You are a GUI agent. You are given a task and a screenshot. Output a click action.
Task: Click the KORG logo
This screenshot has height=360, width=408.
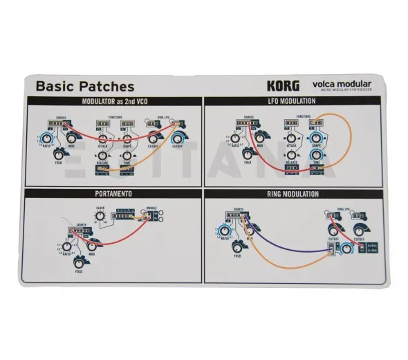[284, 87]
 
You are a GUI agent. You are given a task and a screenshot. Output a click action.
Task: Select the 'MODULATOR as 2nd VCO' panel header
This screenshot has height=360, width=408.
[113, 102]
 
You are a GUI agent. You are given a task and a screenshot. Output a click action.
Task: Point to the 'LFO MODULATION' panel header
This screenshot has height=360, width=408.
[292, 102]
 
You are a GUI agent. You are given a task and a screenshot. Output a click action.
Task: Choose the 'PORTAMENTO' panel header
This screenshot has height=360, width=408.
[113, 194]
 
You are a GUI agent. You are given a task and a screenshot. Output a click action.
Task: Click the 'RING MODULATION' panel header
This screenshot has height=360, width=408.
[292, 194]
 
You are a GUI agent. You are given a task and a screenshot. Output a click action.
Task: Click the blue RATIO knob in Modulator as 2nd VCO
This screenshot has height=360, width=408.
[48, 139]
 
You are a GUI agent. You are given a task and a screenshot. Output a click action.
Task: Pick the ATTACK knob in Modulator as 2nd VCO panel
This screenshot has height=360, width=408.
[103, 135]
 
